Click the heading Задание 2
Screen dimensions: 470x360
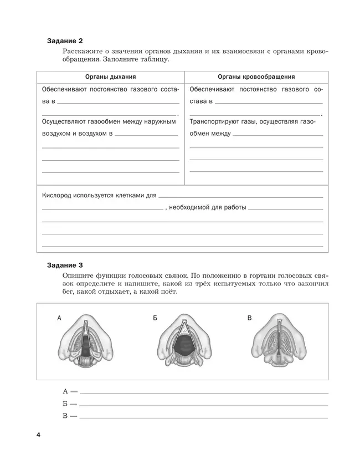pyautogui.click(x=65, y=41)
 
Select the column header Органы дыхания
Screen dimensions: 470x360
pyautogui.click(x=111, y=77)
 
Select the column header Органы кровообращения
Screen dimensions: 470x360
pyautogui.click(x=256, y=77)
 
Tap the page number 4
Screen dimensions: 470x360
pyautogui.click(x=39, y=435)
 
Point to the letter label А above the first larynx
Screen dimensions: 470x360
pyautogui.click(x=59, y=318)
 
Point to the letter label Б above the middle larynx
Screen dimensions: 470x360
pyautogui.click(x=155, y=318)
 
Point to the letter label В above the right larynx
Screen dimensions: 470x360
pyautogui.click(x=249, y=318)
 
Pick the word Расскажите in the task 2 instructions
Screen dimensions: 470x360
pyautogui.click(x=82, y=52)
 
